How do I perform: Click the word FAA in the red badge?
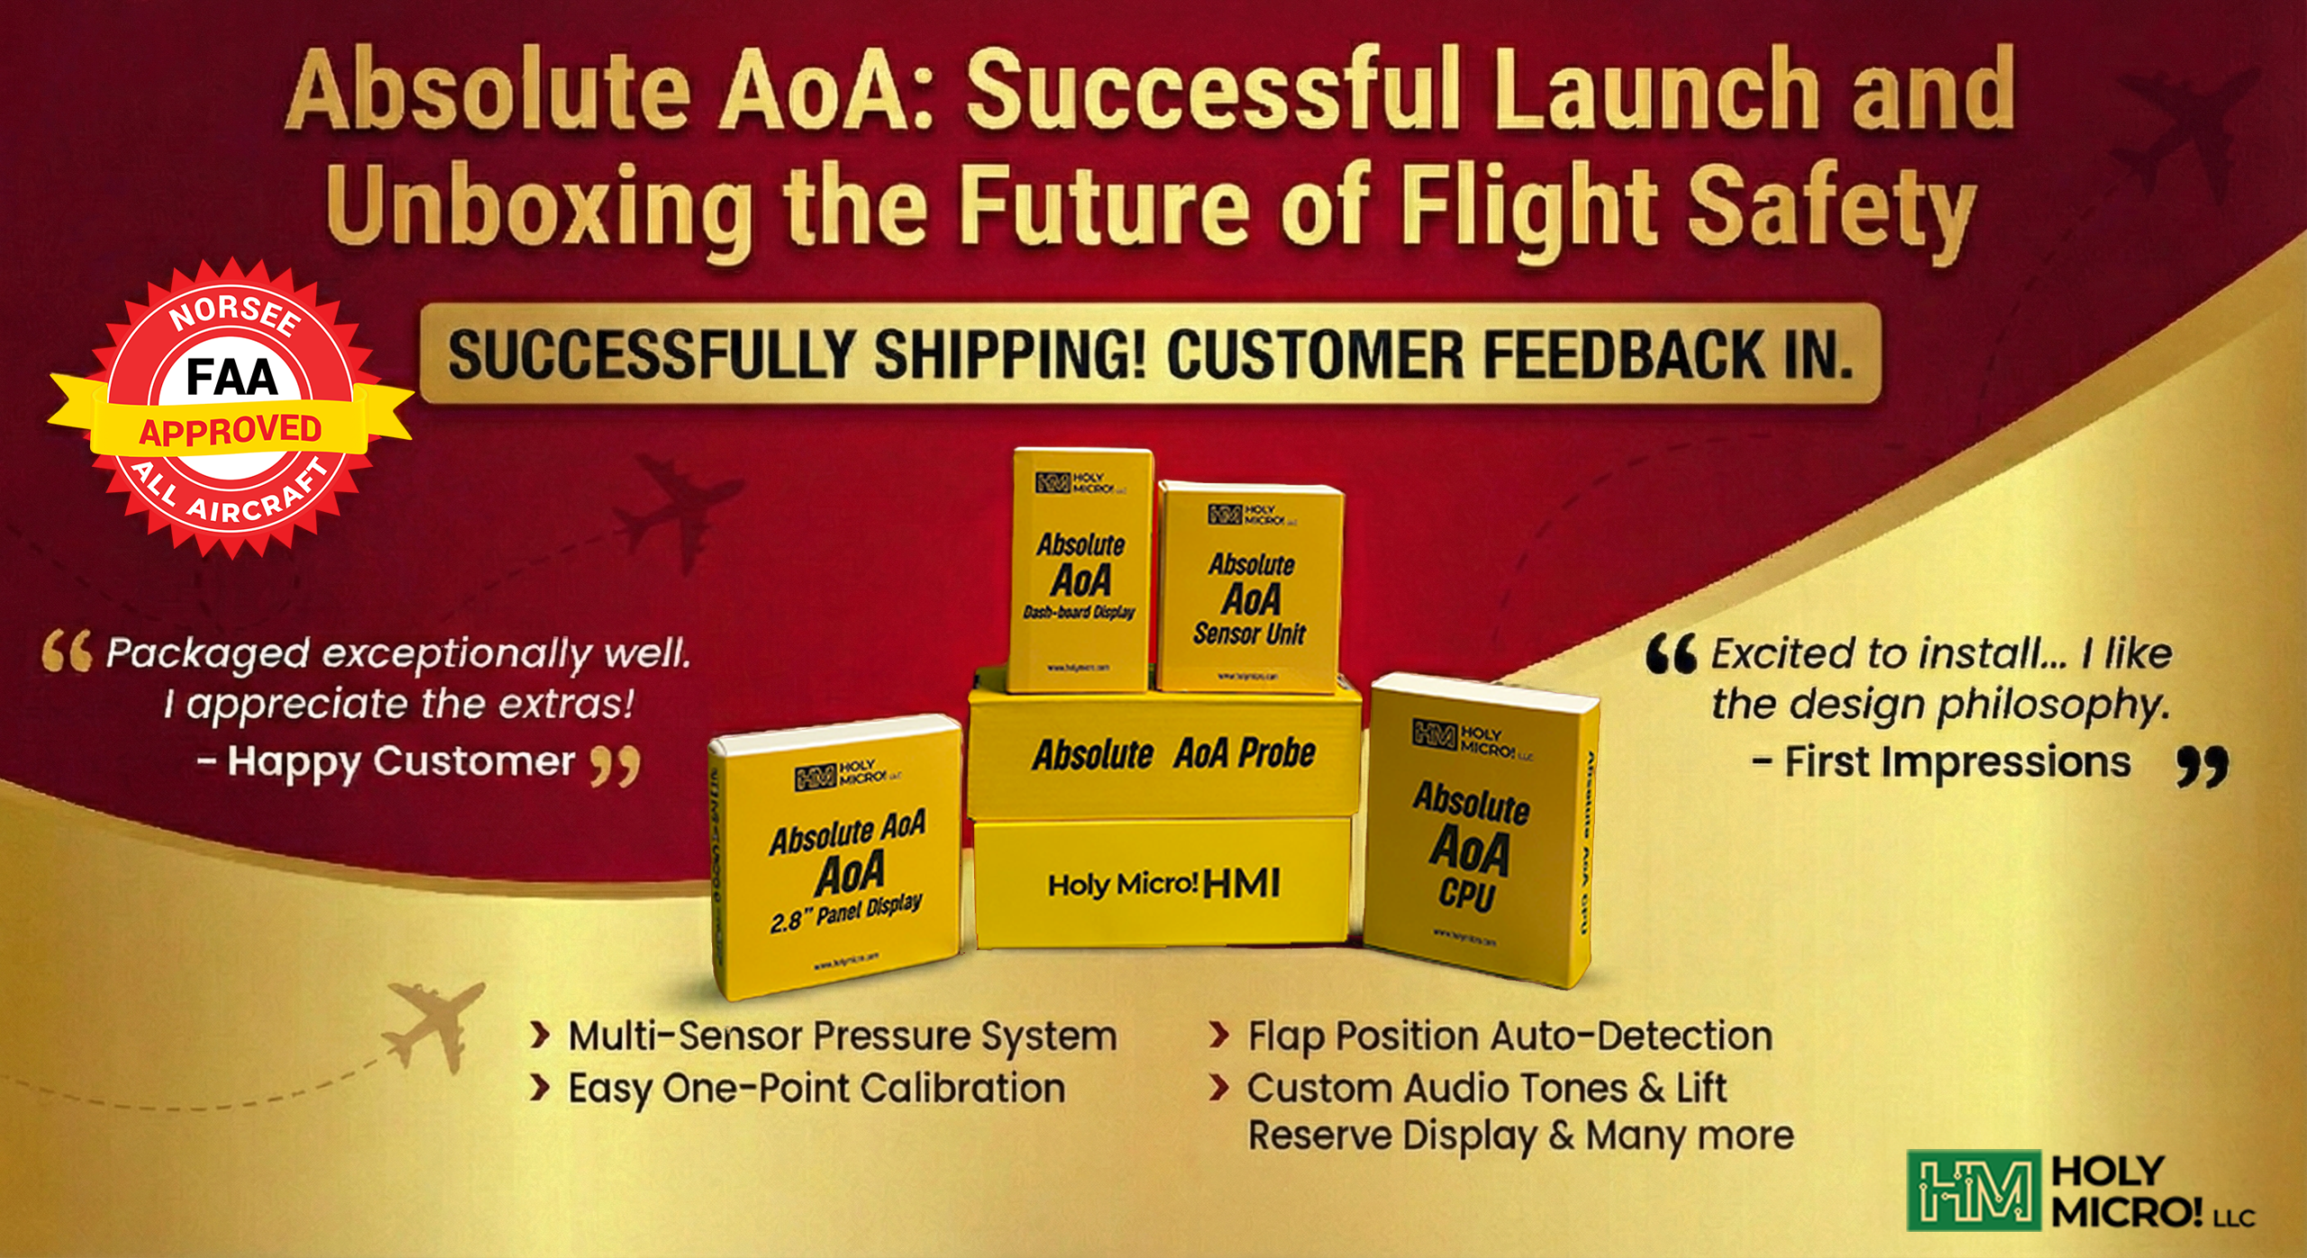coord(232,377)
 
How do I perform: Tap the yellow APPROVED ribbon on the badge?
coord(230,430)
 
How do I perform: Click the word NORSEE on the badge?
coord(234,315)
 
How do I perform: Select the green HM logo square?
coord(1973,1190)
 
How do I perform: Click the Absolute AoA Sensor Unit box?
coord(1251,590)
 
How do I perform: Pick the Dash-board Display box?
coord(1081,572)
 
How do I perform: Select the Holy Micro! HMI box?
coord(1163,883)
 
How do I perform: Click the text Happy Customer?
coord(400,761)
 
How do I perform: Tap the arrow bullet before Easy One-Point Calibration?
coord(540,1089)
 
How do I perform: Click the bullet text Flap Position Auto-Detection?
coord(1509,1036)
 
